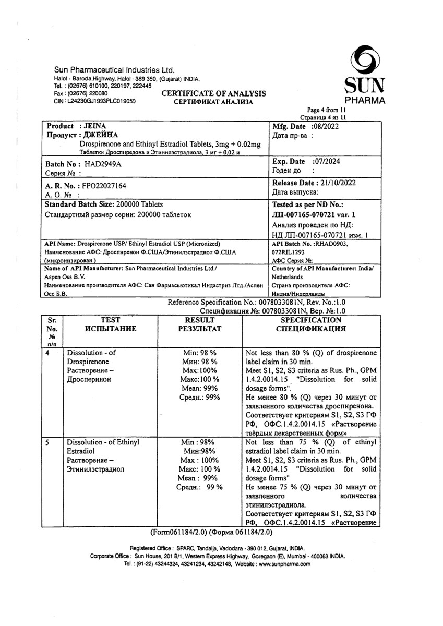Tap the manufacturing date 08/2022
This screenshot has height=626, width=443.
click(x=329, y=127)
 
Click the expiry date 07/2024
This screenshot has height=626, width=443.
click(x=326, y=162)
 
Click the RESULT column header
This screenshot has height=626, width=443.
click(x=200, y=320)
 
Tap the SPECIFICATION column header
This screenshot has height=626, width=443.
click(x=311, y=320)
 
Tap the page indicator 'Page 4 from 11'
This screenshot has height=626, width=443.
click(x=326, y=110)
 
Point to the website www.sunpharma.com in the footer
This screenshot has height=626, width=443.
click(x=285, y=564)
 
